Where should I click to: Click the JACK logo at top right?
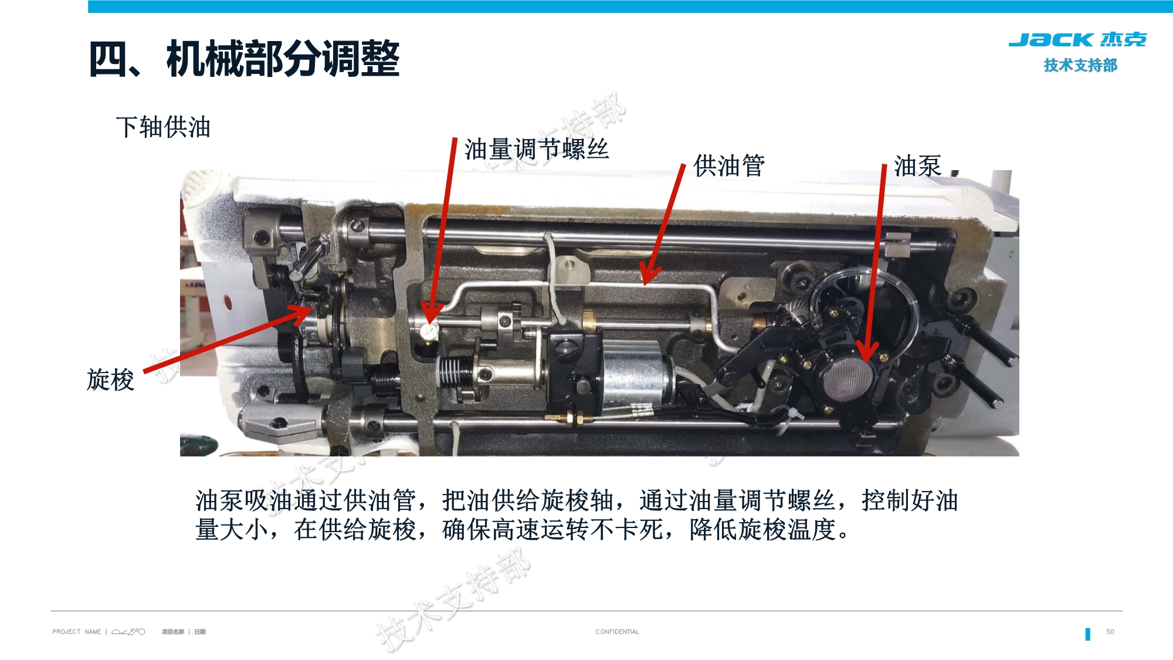tap(1077, 40)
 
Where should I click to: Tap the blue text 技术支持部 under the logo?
tap(1080, 65)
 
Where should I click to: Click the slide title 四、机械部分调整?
tap(244, 59)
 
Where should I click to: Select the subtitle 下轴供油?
tap(163, 127)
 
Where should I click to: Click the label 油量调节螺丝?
tap(537, 149)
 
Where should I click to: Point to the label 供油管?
tap(729, 165)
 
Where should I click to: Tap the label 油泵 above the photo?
tap(917, 165)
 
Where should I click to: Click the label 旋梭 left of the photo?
tap(110, 380)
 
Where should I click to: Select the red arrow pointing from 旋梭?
tap(229, 340)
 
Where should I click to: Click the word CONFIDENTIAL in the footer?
tap(617, 632)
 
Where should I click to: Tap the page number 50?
tap(1110, 632)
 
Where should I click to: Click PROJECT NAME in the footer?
tap(76, 632)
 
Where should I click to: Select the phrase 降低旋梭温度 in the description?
tap(762, 530)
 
